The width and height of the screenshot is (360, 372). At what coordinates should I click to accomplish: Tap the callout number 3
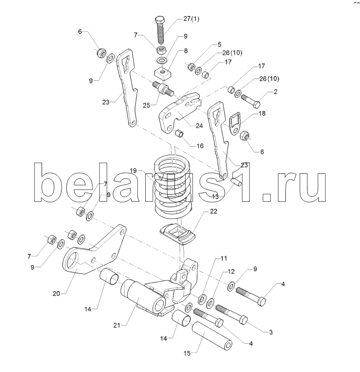270,332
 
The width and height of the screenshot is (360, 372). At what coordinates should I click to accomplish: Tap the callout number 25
146,106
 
